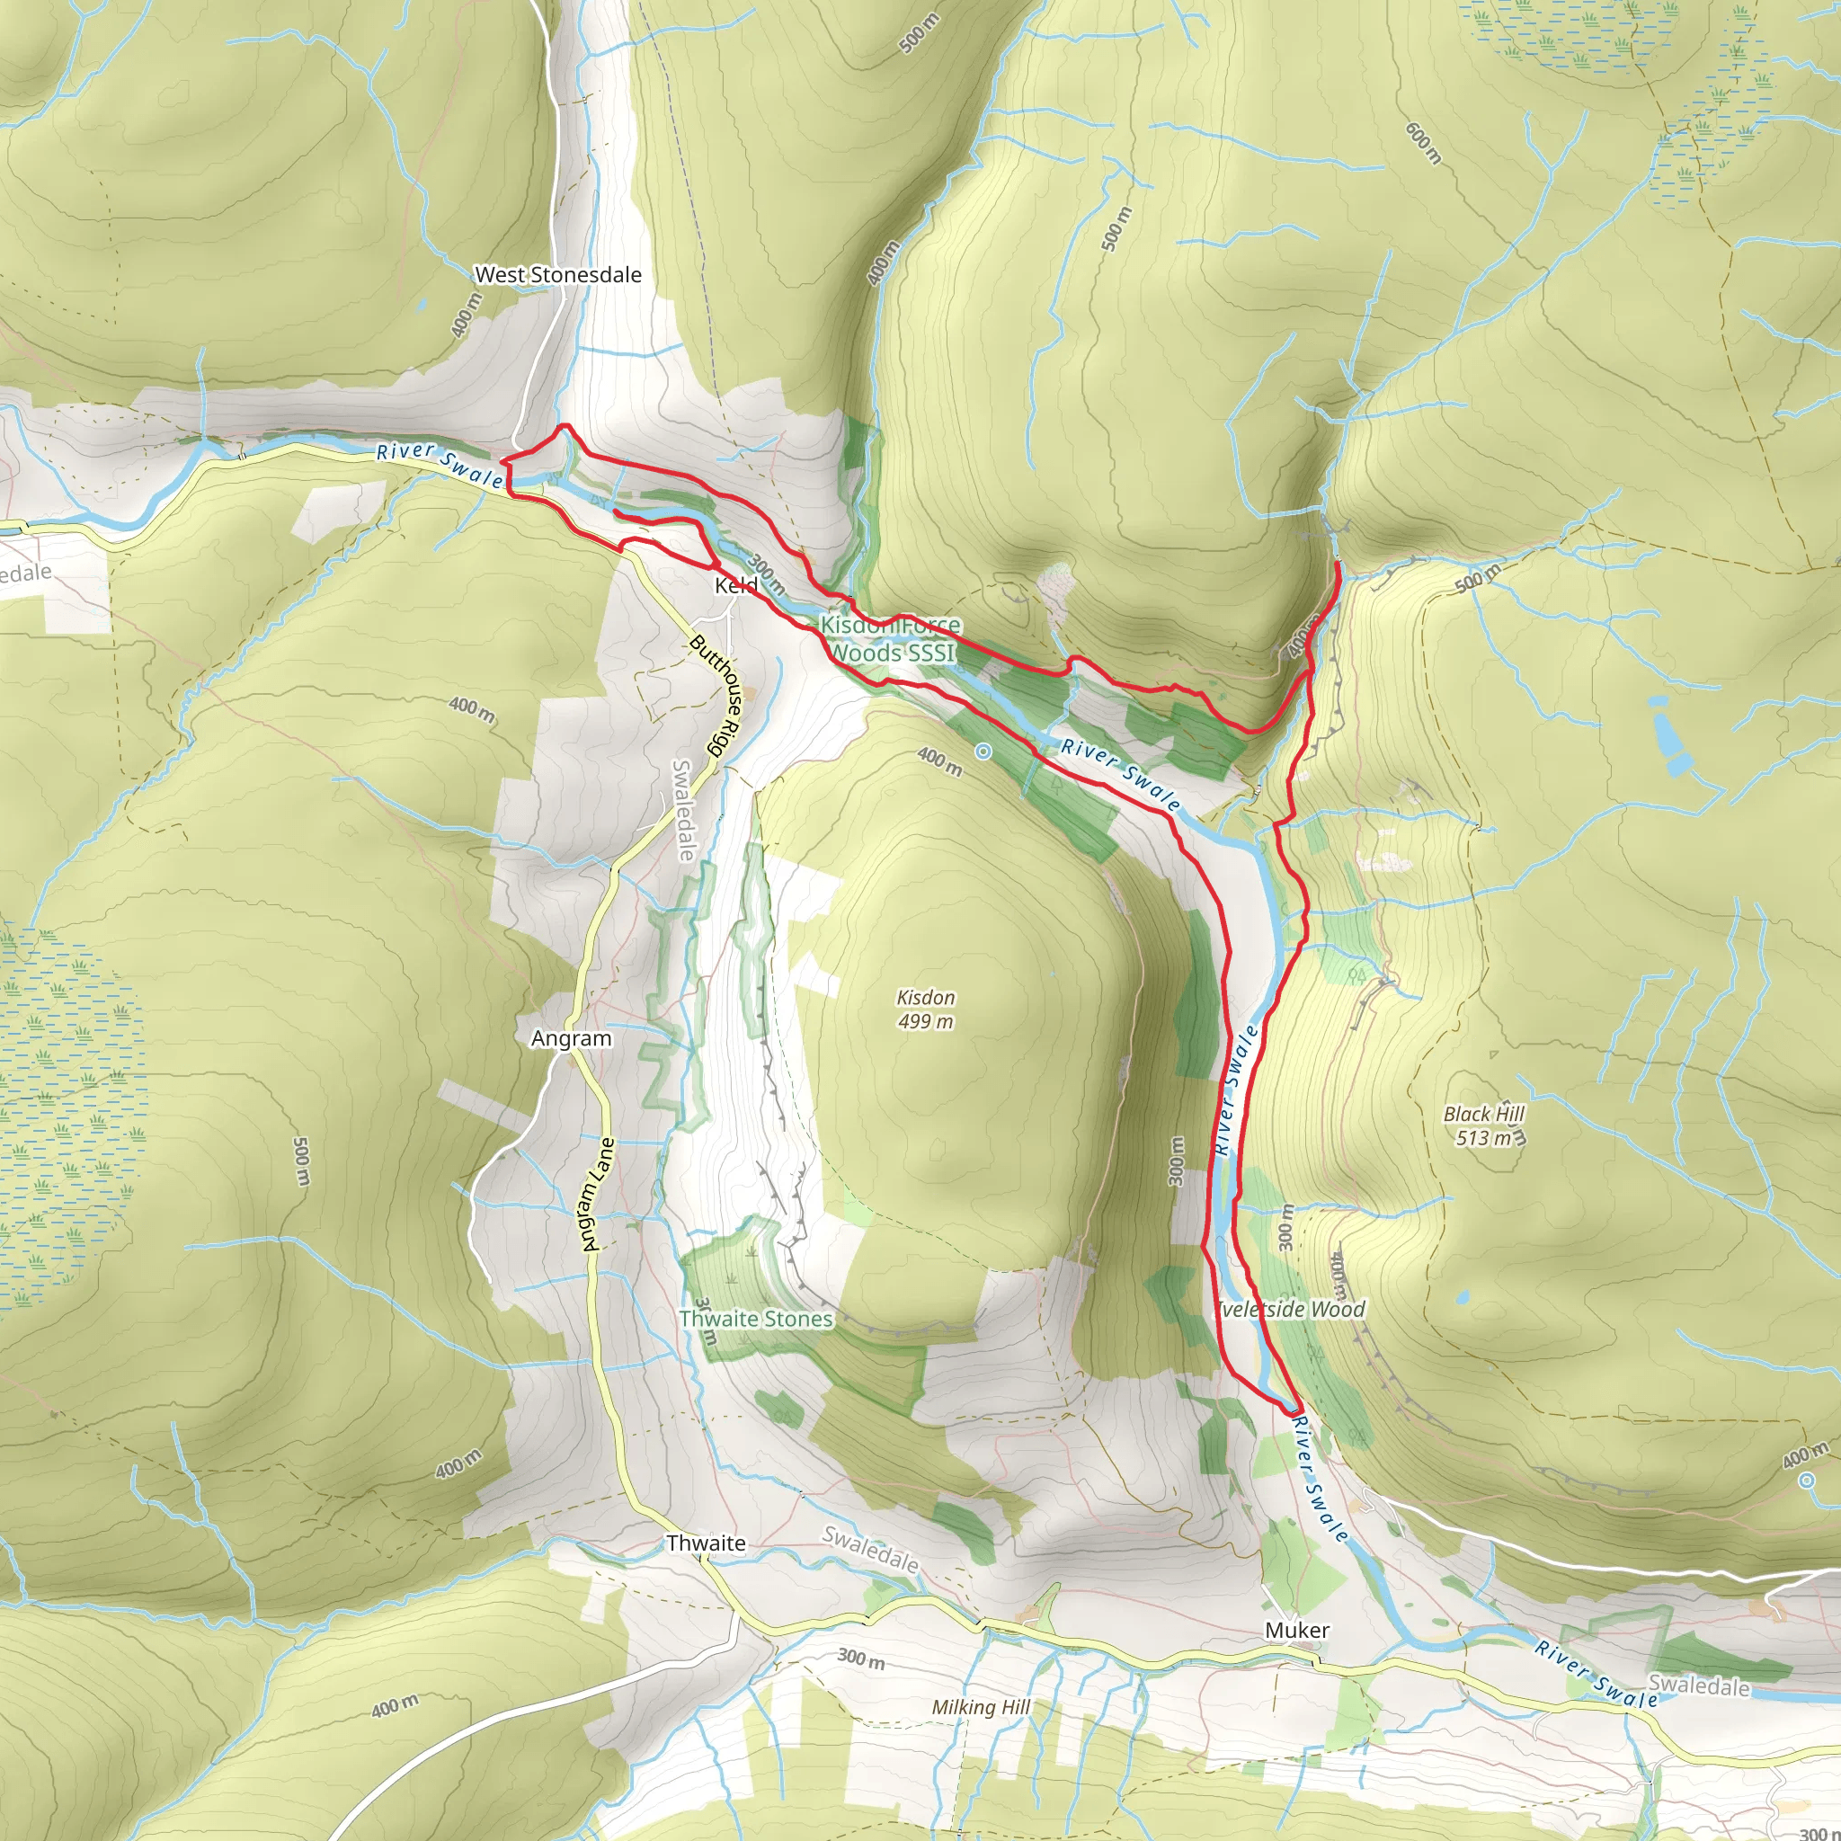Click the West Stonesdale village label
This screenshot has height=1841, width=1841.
[557, 274]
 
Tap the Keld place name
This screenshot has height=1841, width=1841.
[735, 584]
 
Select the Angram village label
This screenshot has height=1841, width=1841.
[571, 1038]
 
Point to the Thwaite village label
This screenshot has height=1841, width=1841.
[705, 1543]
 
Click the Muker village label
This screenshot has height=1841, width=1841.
[1296, 1630]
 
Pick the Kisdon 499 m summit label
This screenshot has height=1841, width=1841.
[925, 1009]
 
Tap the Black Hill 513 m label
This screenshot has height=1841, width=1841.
[1483, 1125]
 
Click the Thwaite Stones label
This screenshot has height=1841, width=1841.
[756, 1319]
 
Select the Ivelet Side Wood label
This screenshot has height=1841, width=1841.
[1290, 1309]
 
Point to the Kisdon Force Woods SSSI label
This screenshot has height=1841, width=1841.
[890, 638]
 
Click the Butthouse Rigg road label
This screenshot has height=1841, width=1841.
[716, 695]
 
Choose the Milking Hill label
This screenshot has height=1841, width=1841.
[981, 1707]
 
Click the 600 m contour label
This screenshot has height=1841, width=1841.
[1424, 143]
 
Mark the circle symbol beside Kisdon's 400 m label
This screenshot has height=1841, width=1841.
[983, 752]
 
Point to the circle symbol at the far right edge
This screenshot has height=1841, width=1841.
[1807, 1481]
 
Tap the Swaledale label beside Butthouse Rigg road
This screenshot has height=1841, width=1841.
[683, 810]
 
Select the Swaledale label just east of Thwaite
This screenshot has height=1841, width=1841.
[870, 1550]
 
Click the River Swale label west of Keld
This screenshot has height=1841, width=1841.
[440, 462]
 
